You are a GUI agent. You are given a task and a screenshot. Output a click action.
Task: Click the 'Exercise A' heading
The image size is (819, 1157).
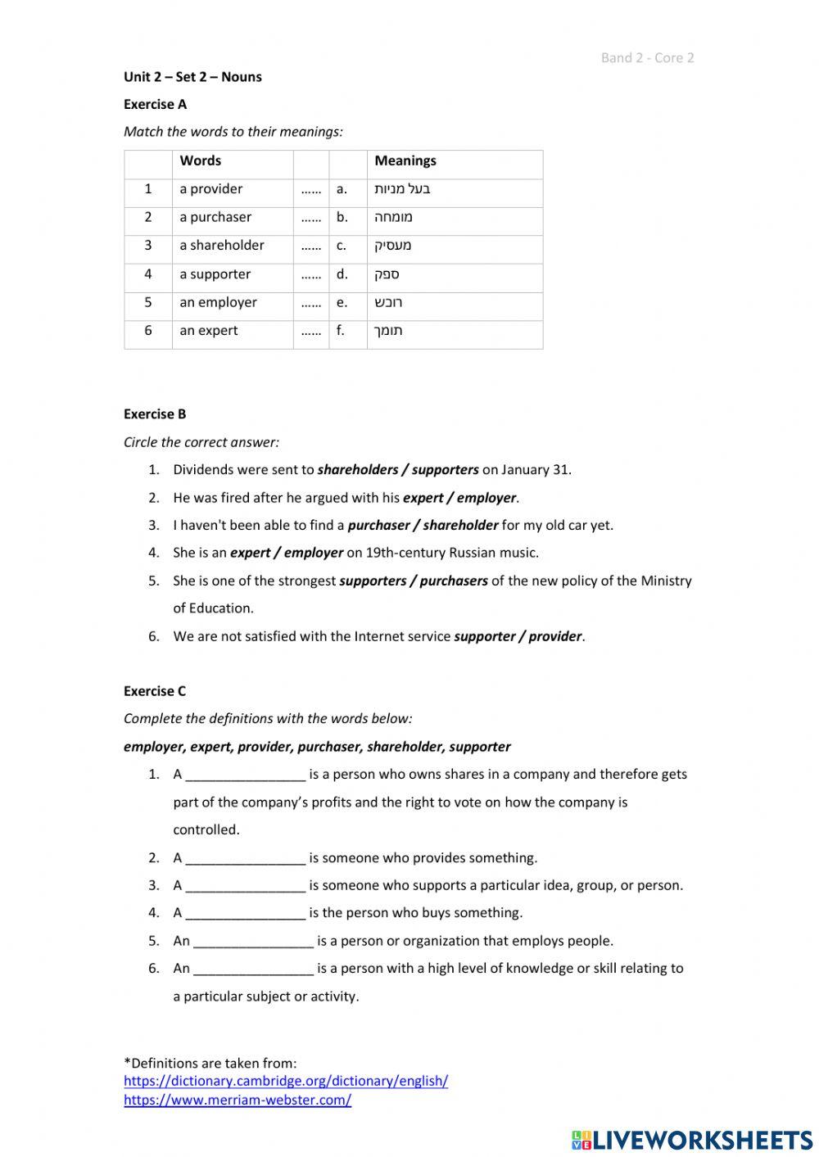pos(155,104)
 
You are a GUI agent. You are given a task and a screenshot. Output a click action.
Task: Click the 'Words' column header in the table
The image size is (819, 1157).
pos(200,160)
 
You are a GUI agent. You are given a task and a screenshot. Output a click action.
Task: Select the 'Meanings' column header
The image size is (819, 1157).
pos(405,160)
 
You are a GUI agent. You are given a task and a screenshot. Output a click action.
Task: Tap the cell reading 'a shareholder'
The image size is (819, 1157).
pos(221,245)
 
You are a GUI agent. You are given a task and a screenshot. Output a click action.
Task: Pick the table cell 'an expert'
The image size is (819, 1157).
pos(208,331)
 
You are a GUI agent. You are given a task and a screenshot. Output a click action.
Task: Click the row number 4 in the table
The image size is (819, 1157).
pos(148,274)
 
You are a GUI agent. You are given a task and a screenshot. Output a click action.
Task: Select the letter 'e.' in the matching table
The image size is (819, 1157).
pos(342,302)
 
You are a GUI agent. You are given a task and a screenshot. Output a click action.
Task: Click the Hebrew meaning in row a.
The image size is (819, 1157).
pos(402,189)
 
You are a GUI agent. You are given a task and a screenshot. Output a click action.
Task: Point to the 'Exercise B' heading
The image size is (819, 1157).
pos(155,414)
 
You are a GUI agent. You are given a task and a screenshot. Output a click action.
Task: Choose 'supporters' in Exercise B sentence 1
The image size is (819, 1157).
pos(445,470)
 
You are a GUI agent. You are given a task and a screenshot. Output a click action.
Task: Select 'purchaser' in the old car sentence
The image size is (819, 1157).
pos(378,526)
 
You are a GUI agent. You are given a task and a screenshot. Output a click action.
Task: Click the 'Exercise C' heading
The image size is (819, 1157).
pos(155,690)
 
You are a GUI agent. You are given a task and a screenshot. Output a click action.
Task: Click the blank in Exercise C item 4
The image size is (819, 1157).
pos(245,913)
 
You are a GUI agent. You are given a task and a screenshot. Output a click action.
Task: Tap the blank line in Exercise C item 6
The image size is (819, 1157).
pos(253,969)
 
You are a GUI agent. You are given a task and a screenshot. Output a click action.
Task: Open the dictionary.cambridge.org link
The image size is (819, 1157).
pos(285,1081)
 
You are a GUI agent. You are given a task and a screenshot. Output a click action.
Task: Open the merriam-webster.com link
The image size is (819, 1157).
pos(238,1100)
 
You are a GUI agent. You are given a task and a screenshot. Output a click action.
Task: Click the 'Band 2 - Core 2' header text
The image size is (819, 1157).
pos(647,57)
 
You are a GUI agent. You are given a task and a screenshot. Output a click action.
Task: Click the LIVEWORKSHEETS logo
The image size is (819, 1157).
pos(691,1140)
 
